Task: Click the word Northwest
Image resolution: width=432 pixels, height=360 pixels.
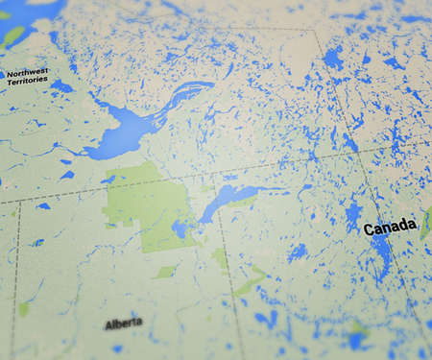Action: [28, 72]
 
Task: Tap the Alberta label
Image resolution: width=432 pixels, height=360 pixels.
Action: [123, 324]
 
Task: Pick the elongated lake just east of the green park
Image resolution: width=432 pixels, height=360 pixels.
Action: [227, 199]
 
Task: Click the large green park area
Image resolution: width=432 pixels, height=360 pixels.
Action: [144, 206]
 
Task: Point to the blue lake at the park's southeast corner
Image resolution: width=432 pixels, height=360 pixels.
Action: [180, 229]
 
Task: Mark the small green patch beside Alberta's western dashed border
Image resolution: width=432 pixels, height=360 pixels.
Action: [23, 309]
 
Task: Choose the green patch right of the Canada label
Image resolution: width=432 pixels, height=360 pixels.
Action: [425, 224]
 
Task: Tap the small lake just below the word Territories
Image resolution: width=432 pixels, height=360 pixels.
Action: [59, 87]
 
